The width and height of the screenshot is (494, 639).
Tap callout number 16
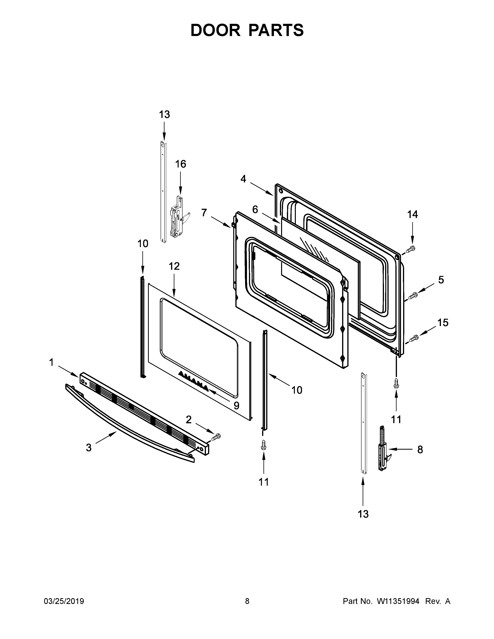[x=181, y=164]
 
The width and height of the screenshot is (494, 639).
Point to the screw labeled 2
[x=216, y=445]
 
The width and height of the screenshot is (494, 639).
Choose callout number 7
[x=204, y=213]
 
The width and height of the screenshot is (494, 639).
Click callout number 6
[x=255, y=210]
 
